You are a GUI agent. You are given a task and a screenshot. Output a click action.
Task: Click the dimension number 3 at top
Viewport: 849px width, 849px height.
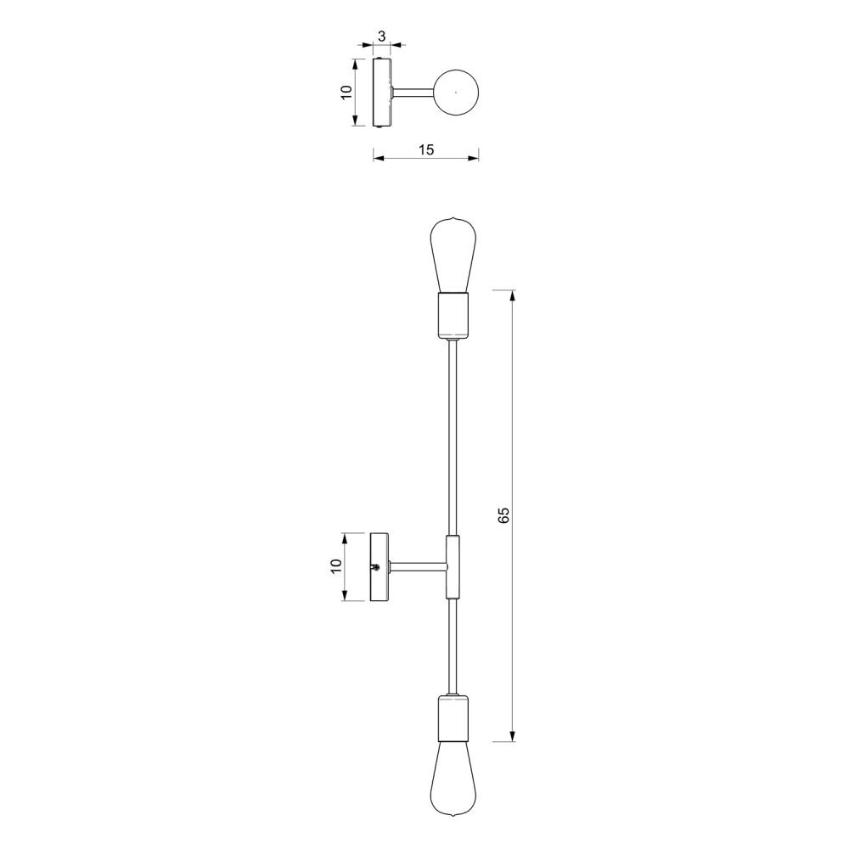point(381,37)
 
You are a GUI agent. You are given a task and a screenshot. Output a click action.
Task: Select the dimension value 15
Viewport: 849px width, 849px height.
point(426,149)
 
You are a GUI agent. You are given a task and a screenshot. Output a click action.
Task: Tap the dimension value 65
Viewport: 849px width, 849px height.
point(503,515)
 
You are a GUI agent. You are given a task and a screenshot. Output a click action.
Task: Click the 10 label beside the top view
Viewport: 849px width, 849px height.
point(346,92)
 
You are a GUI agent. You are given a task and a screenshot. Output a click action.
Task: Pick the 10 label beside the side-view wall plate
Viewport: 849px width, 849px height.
point(336,566)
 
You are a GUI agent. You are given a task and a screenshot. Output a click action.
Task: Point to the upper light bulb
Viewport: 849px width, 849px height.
point(453,255)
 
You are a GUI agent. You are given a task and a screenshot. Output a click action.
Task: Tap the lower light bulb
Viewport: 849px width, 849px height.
point(453,777)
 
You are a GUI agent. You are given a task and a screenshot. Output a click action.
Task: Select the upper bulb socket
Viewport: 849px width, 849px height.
point(453,315)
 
